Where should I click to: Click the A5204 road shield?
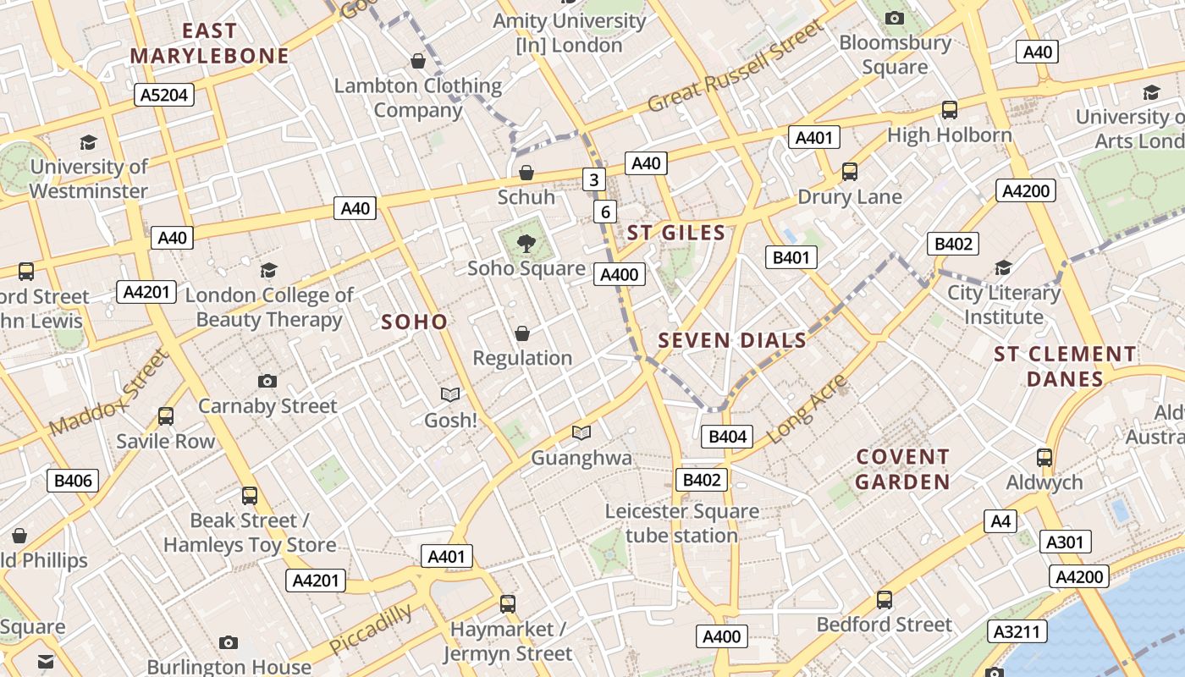[x=164, y=95]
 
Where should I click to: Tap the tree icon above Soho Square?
[x=526, y=244]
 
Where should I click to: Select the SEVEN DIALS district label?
[x=732, y=340]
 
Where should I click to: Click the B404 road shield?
[x=727, y=437]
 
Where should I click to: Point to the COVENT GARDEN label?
[x=902, y=470]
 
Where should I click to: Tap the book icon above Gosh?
[x=450, y=394]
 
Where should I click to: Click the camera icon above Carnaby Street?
[x=267, y=381]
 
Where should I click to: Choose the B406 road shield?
[x=73, y=482]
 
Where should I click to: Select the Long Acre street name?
[x=807, y=410]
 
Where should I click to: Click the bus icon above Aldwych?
[x=1044, y=457]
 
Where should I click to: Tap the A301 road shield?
[x=1065, y=542]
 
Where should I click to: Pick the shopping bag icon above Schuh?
[x=526, y=173]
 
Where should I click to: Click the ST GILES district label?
[x=676, y=233]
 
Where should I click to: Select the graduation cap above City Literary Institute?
[x=1003, y=267]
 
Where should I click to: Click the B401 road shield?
[x=791, y=257]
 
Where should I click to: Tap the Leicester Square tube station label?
[x=681, y=523]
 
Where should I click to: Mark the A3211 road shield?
[x=1017, y=631]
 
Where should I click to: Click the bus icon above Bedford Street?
[x=885, y=599]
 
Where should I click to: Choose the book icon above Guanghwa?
[x=581, y=432]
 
